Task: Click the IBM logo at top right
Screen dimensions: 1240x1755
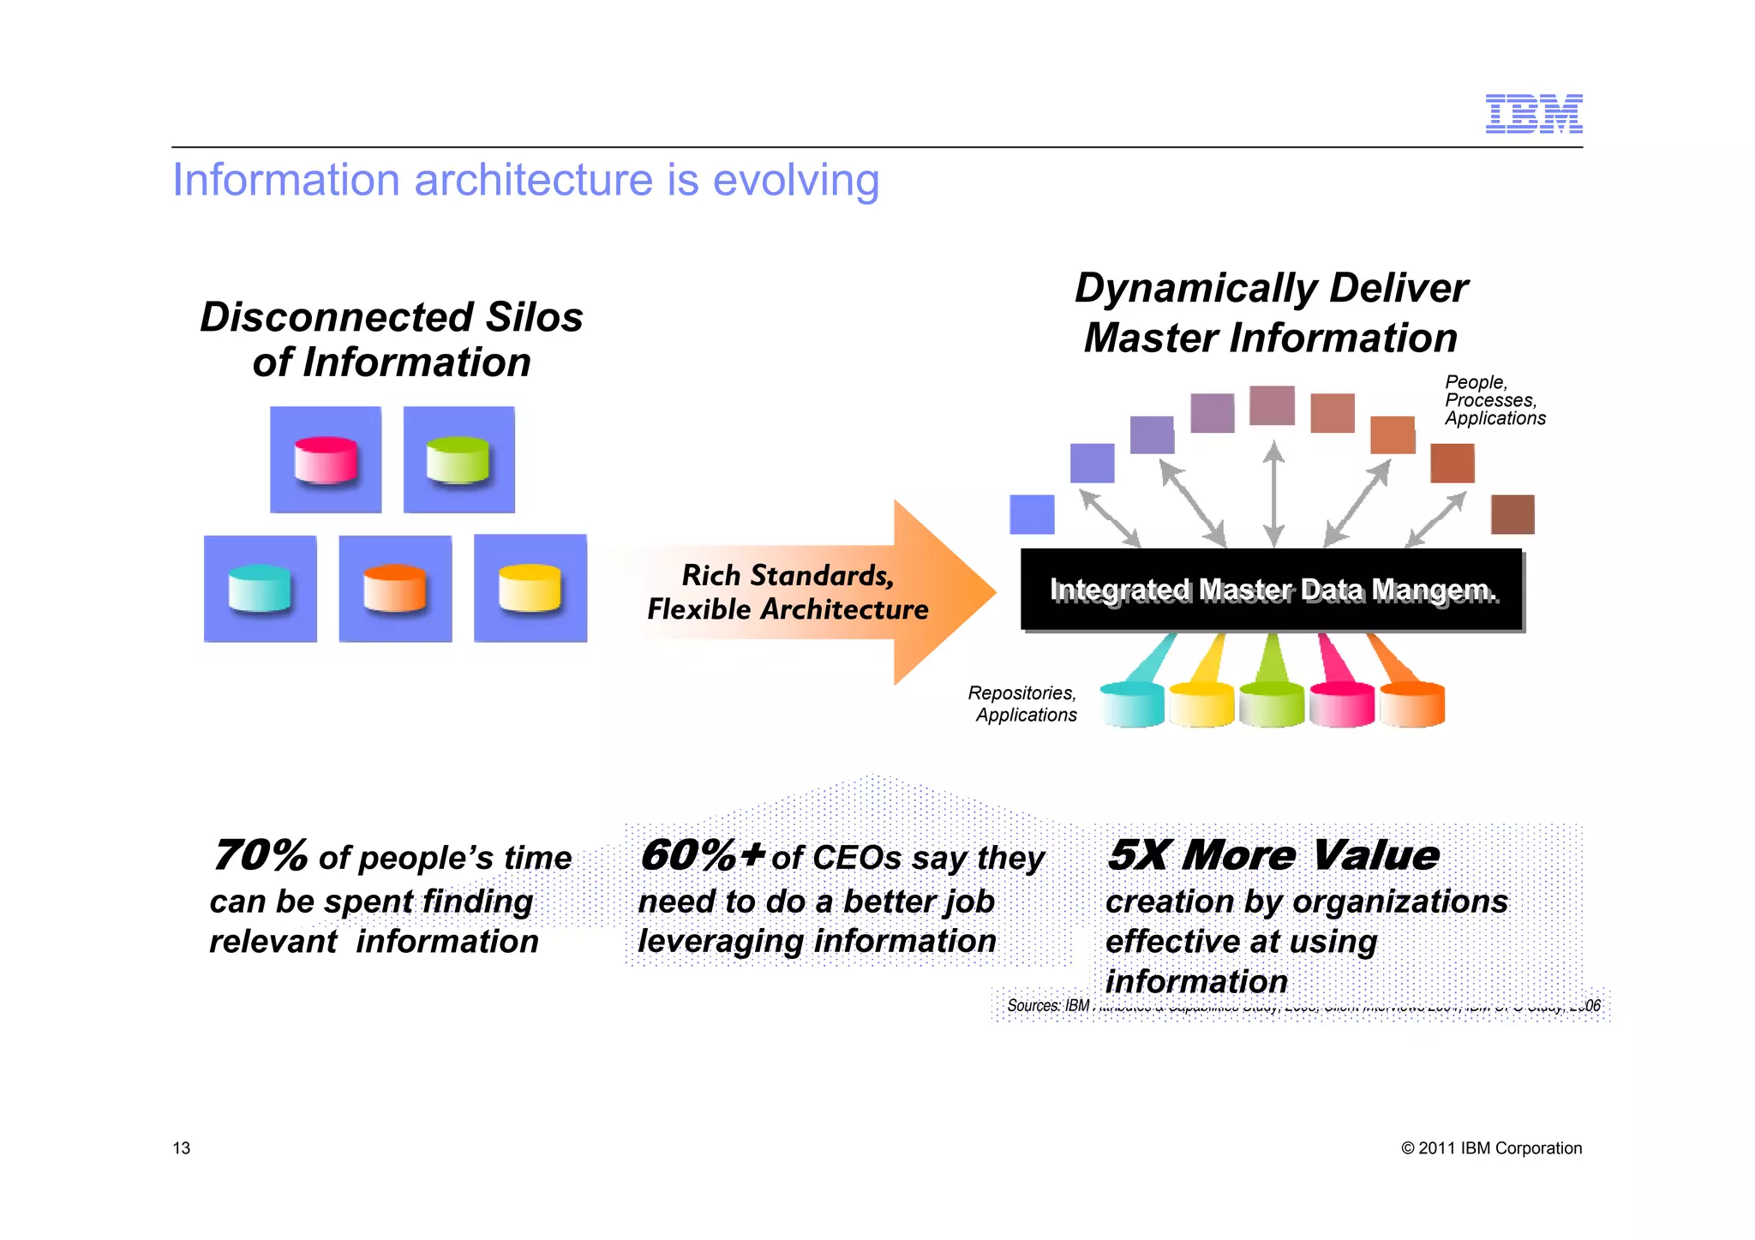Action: [x=1533, y=114]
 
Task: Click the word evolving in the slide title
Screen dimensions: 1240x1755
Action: [x=795, y=181]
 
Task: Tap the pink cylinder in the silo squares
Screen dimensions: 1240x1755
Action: [x=326, y=460]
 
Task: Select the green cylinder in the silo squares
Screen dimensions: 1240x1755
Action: [x=458, y=460]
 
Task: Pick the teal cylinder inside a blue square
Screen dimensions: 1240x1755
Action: [x=261, y=589]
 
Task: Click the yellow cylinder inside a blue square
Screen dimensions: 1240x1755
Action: [x=530, y=589]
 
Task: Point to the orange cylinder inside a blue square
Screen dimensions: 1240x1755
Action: [x=395, y=589]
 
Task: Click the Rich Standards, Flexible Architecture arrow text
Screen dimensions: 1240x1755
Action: [x=787, y=592]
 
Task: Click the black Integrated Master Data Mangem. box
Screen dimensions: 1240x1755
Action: [x=1271, y=590]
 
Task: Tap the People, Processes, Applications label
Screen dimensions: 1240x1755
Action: [x=1494, y=400]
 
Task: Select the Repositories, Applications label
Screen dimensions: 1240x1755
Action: [x=1023, y=704]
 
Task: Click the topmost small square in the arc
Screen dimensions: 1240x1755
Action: [x=1272, y=405]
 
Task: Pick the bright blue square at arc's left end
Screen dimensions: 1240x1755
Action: [x=1032, y=514]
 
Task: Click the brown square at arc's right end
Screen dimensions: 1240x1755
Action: [x=1512, y=514]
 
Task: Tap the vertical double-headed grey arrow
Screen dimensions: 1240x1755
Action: [x=1274, y=494]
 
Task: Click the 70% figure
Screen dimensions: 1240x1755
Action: [x=260, y=855]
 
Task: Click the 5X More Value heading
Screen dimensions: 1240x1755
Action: [x=1273, y=855]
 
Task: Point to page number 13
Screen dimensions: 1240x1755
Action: [x=182, y=1148]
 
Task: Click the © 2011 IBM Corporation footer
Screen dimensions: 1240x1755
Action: [x=1491, y=1148]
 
